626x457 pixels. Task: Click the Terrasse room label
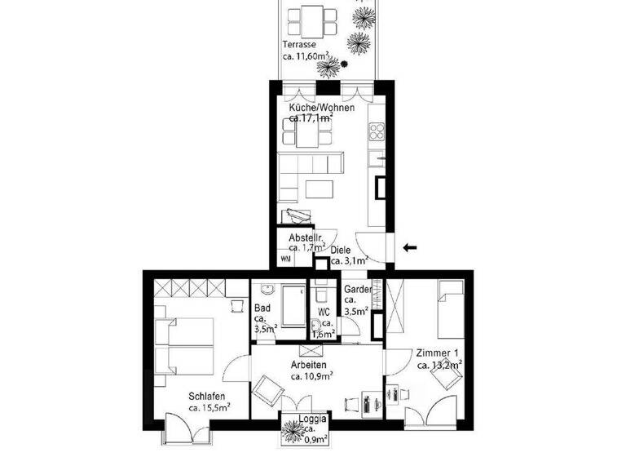point(299,44)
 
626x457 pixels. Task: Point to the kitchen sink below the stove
point(377,155)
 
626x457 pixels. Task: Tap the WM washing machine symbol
point(285,259)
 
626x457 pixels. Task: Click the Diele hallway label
point(341,251)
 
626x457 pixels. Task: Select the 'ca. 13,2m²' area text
point(439,366)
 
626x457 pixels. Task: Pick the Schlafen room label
point(207,395)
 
